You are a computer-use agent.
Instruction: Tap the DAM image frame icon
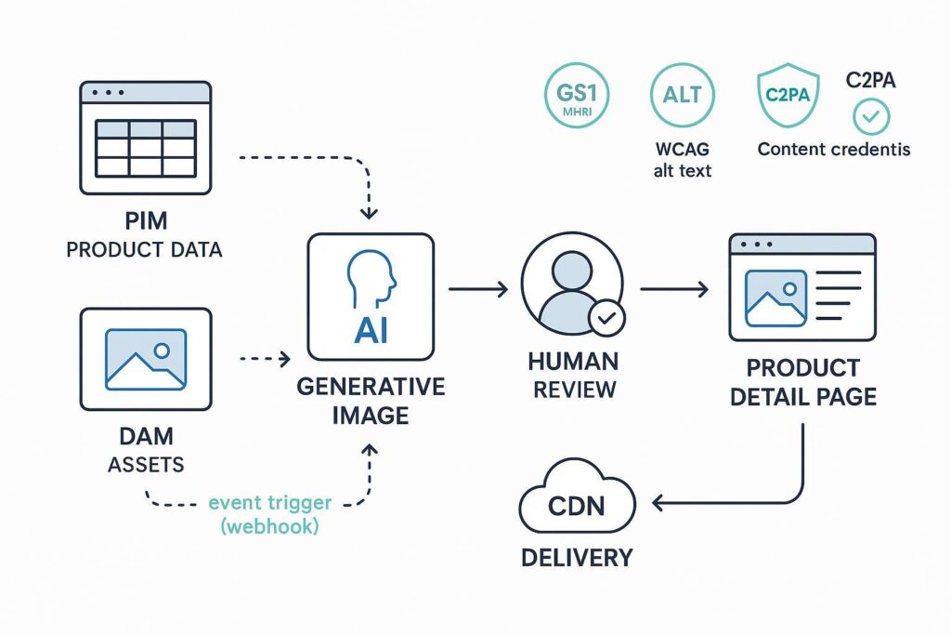(x=145, y=359)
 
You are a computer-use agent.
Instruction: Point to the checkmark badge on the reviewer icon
(x=608, y=319)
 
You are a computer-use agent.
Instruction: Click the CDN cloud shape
(x=577, y=505)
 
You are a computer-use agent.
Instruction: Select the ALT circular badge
(x=683, y=95)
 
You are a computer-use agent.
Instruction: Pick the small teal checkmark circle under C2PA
(x=870, y=117)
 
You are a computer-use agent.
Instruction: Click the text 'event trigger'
(x=270, y=503)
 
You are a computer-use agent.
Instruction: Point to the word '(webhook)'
(x=270, y=525)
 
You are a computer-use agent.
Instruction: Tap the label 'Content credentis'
(x=833, y=149)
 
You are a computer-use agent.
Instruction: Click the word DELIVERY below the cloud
(x=577, y=558)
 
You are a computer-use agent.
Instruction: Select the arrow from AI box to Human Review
(x=478, y=290)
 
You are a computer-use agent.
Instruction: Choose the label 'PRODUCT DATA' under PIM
(x=145, y=251)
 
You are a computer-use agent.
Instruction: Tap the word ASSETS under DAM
(x=145, y=464)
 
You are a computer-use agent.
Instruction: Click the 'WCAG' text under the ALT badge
(x=683, y=149)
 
